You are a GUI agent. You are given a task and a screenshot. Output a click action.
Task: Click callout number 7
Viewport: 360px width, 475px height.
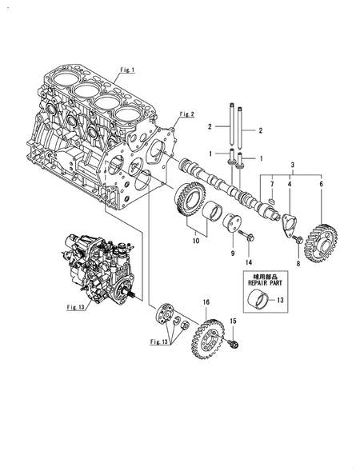(272, 185)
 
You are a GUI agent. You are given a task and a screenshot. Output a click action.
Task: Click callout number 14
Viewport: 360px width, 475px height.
(249, 262)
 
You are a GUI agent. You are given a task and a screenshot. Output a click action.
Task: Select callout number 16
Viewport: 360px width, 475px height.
(206, 302)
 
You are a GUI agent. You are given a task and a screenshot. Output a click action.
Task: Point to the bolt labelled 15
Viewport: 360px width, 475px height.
(233, 345)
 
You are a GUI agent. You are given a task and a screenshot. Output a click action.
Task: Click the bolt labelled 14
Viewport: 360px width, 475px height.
(245, 237)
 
